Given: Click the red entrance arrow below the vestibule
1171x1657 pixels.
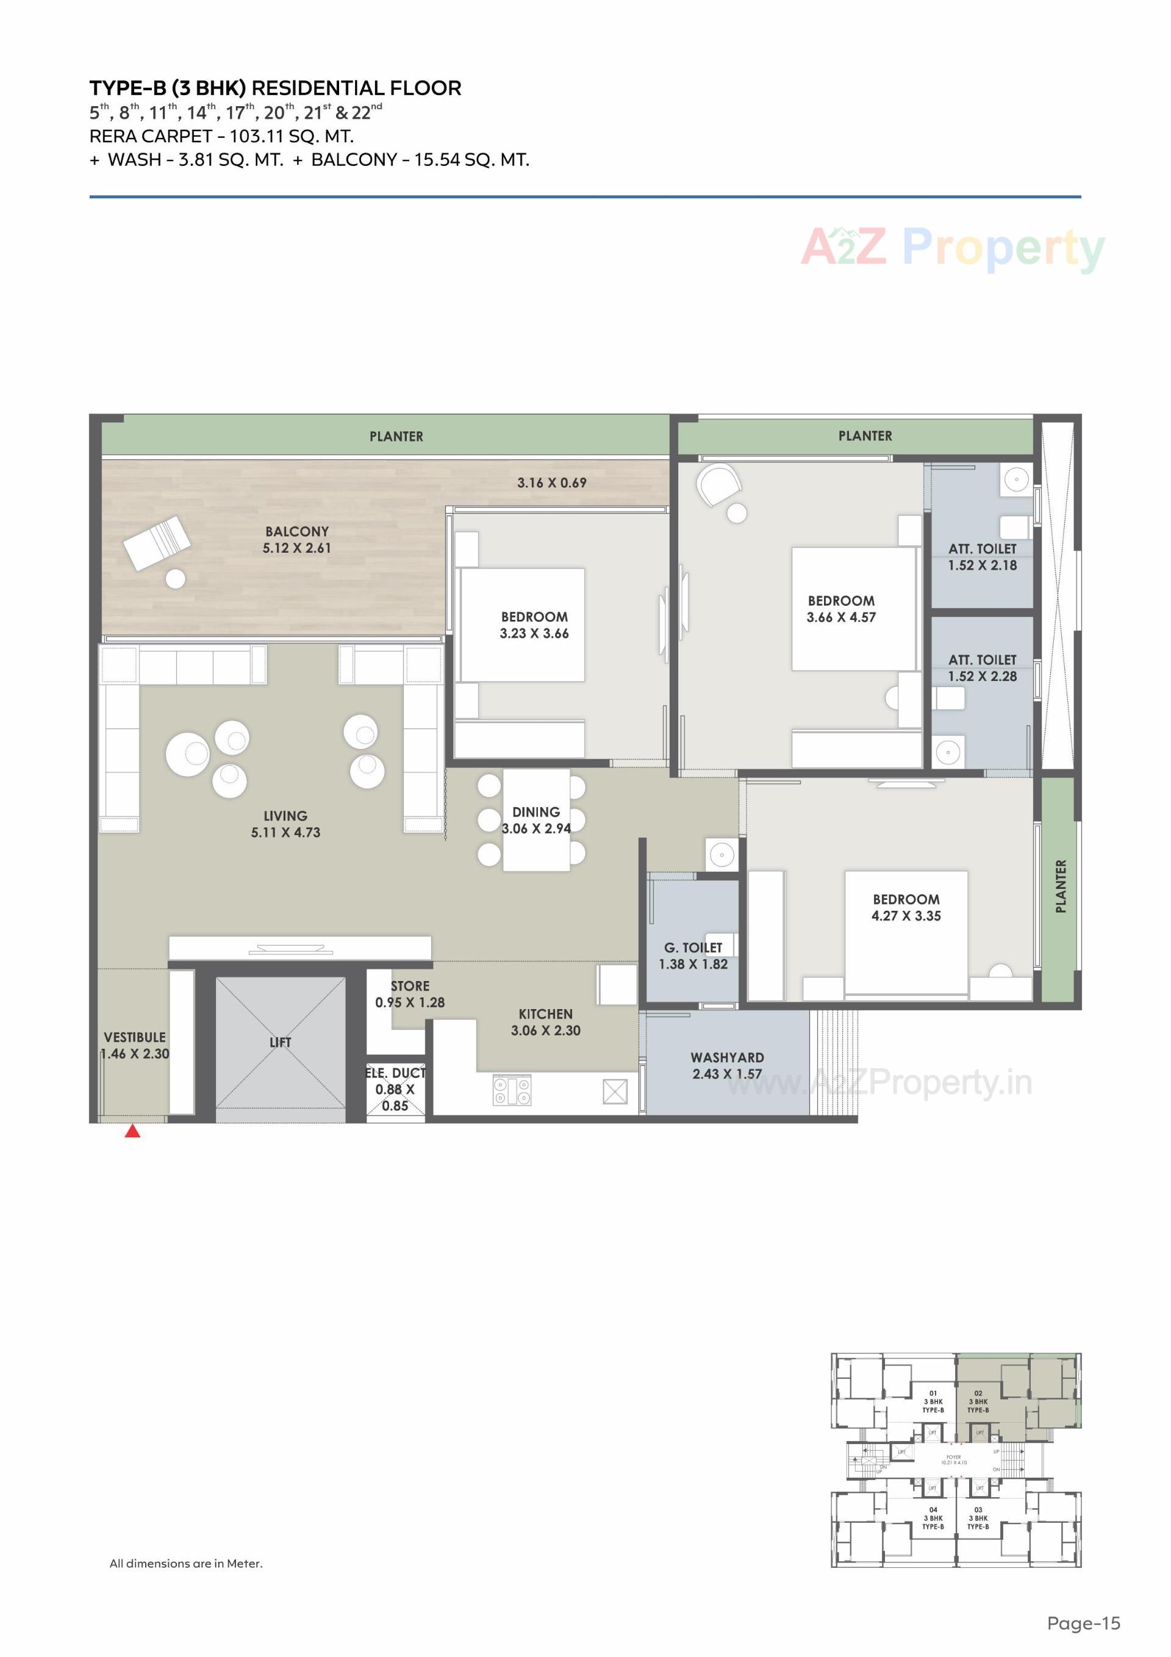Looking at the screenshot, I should tap(132, 1131).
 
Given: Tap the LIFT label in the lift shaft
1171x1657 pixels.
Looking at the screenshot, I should tap(280, 1042).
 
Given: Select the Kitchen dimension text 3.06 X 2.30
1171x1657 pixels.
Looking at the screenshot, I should tap(545, 1030).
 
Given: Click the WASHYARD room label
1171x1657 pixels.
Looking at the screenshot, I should tap(726, 1057).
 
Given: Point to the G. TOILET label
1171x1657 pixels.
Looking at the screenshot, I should tap(693, 947).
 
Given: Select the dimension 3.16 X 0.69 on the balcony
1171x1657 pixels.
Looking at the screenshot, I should tap(551, 483).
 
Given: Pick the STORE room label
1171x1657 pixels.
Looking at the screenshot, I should tap(410, 986).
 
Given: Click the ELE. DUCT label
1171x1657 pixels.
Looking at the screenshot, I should tap(395, 1073).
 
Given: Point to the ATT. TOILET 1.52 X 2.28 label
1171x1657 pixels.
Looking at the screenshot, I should tap(982, 668).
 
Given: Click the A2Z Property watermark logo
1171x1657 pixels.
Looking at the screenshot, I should tap(953, 248).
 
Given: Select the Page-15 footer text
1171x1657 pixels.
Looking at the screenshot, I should tap(1084, 1623).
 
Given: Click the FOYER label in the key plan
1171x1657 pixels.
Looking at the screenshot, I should tap(953, 1457).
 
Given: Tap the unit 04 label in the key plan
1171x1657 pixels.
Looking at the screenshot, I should tap(933, 1510).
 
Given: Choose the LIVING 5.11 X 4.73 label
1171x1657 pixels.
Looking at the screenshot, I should tap(285, 824).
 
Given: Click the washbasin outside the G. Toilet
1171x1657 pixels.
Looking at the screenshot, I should tap(722, 855).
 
